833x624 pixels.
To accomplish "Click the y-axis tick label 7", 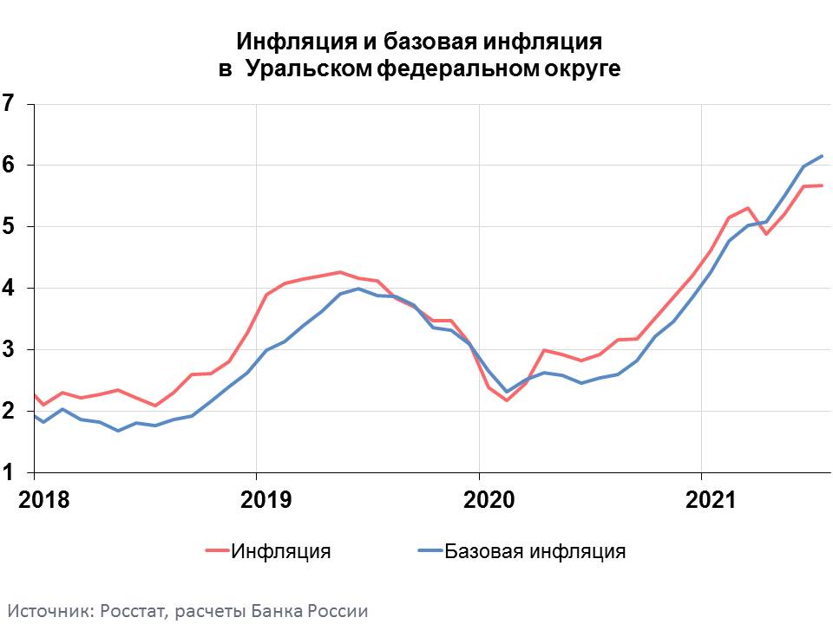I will coord(9,104).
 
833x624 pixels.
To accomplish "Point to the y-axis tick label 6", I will coord(9,166).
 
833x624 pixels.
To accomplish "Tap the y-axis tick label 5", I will coord(9,227).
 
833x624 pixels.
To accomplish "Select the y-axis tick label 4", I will coord(9,289).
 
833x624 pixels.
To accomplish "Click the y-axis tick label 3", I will coord(9,350).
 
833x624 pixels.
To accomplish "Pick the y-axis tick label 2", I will coord(9,412).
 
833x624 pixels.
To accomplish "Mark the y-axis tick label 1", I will coord(9,473).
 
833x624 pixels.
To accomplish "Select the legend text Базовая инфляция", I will coord(535,551).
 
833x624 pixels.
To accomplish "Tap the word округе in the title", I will coord(584,69).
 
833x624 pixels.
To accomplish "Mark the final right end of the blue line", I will coord(822,156).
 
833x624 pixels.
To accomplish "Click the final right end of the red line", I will coord(822,185).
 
